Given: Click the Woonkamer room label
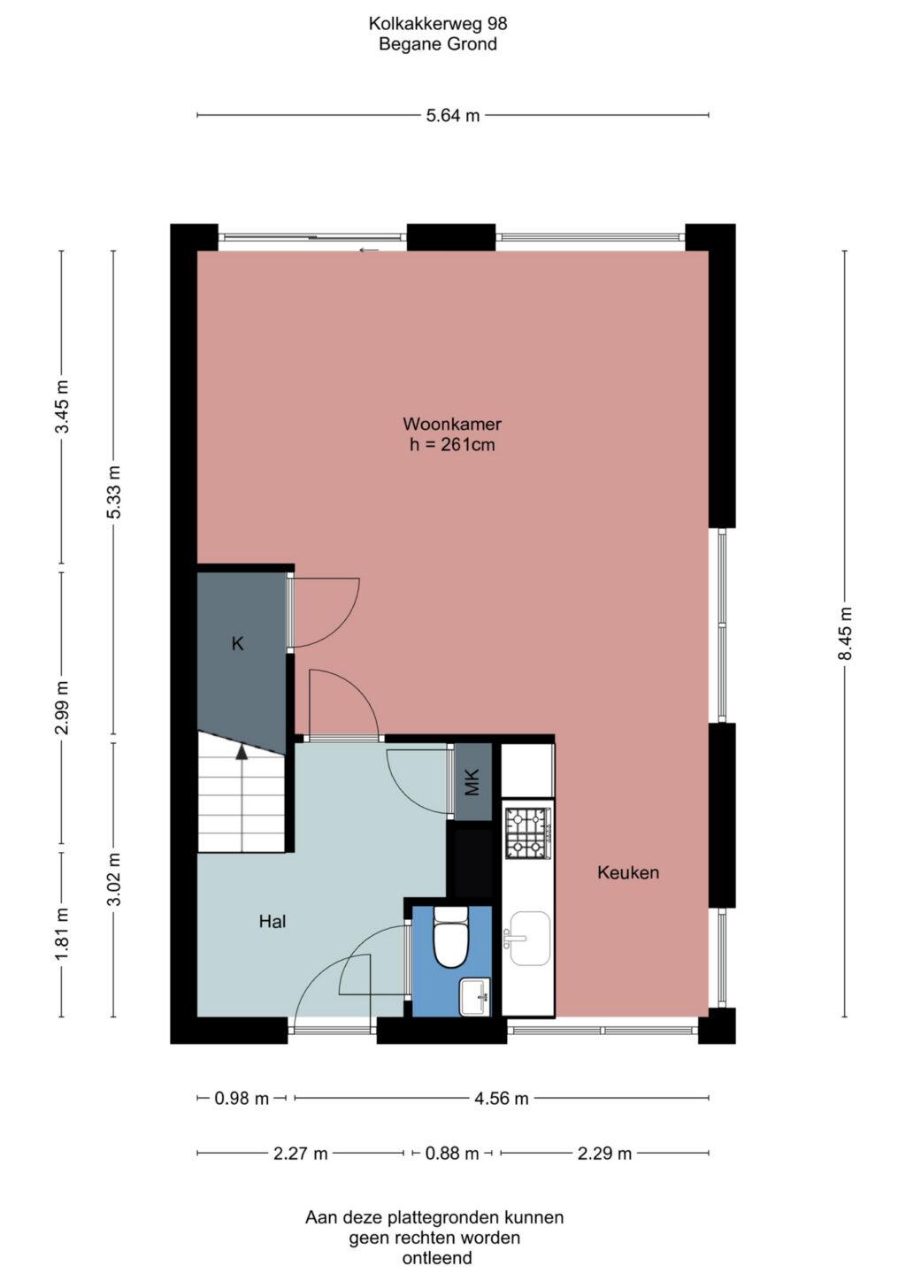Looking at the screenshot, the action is coord(452,424).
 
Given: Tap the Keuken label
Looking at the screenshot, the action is coord(628,872).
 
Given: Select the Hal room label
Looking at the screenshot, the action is coord(273,921).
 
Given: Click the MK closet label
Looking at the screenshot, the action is coord(472,782).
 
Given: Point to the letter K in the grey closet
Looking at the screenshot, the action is coord(237,644).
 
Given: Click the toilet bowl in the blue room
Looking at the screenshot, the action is coord(450,937).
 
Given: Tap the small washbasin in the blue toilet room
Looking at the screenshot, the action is coord(475,997).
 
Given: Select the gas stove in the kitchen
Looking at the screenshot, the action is coord(528,833).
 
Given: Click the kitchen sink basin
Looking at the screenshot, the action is coord(530,939).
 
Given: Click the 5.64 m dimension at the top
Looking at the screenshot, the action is coord(452,116).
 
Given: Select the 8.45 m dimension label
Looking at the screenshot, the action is coord(845,633).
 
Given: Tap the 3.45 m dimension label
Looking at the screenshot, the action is coord(62,407).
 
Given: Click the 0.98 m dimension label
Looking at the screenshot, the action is coord(242,1099).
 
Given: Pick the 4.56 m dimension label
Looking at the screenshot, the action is coord(502,1099).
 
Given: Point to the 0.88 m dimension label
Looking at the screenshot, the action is coord(452,1154).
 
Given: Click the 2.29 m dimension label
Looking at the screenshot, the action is coord(604,1154).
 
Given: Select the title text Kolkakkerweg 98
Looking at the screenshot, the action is coord(438,24).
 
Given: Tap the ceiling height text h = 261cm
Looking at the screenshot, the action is coord(452,444).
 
